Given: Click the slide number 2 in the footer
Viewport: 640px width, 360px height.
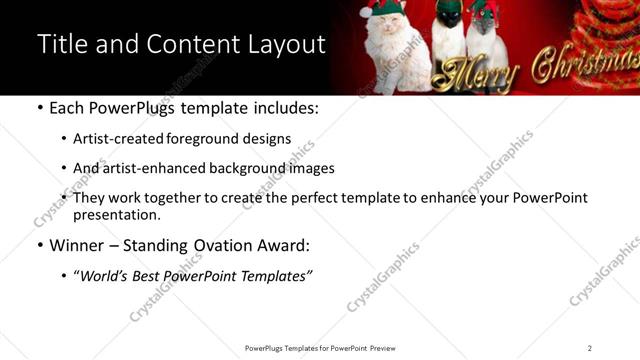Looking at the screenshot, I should click(590, 348).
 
